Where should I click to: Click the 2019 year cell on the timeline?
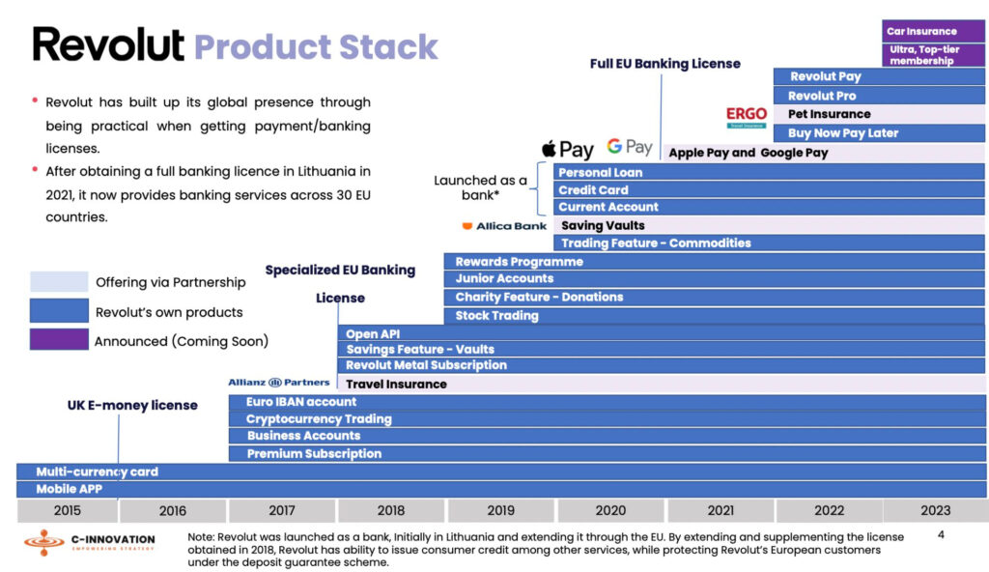[500, 510]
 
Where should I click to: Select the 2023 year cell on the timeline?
[935, 510]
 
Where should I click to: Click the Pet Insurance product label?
[829, 114]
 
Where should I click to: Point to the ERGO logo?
[747, 117]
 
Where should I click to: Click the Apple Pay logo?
[567, 149]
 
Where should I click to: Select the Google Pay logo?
[630, 147]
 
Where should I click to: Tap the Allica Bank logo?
[504, 226]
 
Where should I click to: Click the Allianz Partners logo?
[279, 383]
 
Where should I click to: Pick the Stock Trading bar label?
[496, 316]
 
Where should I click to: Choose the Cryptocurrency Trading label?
[319, 419]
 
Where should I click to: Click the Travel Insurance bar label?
[396, 384]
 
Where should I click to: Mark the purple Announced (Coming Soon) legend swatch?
[58, 340]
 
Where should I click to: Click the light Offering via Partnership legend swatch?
[58, 282]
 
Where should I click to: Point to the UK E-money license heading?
[132, 406]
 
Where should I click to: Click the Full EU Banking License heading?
[665, 64]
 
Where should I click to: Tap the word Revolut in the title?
[108, 45]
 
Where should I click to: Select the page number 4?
[941, 533]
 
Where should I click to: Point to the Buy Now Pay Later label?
[842, 133]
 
